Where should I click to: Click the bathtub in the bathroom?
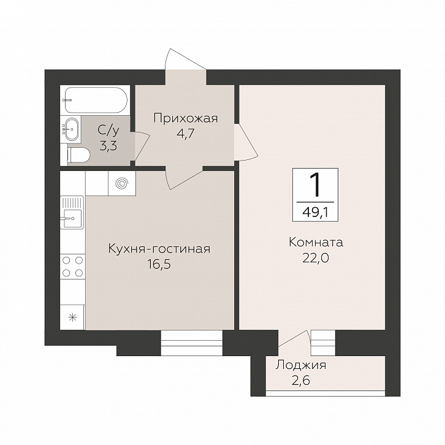(95, 100)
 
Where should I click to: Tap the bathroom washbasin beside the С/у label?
(71, 129)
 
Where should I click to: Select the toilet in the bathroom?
(78, 155)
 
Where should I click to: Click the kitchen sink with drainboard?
(72, 212)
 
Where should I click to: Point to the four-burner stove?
(73, 267)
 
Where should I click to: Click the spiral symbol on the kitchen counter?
(122, 183)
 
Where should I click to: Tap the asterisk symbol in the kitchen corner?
(73, 317)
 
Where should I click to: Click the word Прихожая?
(186, 118)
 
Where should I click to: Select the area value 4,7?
(185, 133)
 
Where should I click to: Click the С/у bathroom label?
(108, 131)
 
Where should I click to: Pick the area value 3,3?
(108, 146)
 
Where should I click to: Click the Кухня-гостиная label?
(159, 249)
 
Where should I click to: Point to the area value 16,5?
(159, 264)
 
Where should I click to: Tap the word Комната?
(316, 243)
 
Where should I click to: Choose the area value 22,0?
(316, 258)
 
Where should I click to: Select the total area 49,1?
(315, 211)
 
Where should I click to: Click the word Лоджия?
(301, 365)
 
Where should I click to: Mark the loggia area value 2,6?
(301, 380)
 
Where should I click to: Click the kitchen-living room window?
(192, 343)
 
